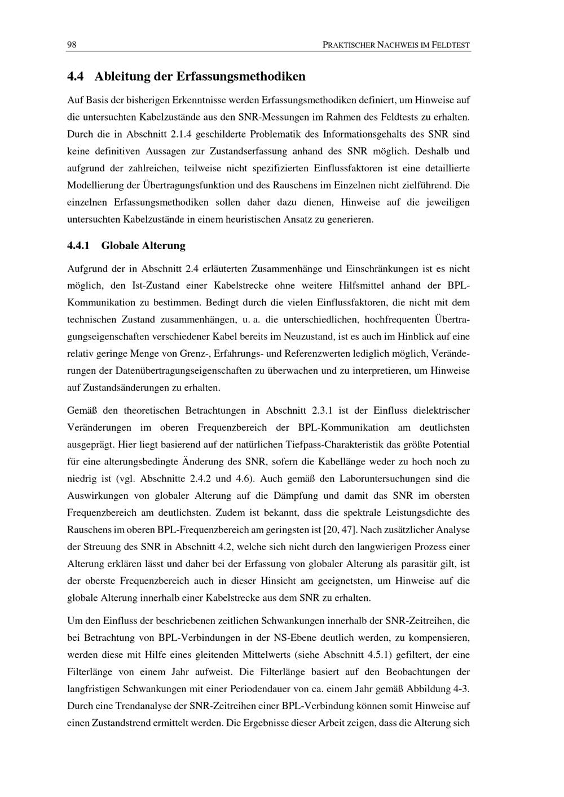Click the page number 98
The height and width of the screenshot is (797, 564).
coord(72,45)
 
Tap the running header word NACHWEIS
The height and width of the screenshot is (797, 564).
coord(394,45)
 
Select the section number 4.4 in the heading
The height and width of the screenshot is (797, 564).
coord(76,76)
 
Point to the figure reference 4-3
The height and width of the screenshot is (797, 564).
coord(460,689)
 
